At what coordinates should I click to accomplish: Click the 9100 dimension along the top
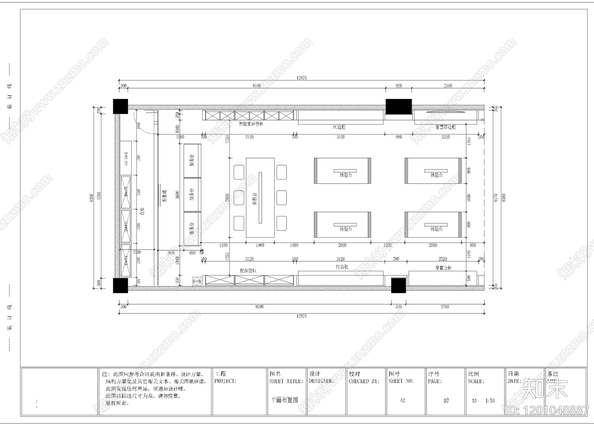pyautogui.click(x=257, y=86)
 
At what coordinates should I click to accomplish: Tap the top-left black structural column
pyautogui.click(x=120, y=106)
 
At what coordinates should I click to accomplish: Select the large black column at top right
pyautogui.click(x=399, y=106)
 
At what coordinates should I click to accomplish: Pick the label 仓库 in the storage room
pyautogui.click(x=141, y=211)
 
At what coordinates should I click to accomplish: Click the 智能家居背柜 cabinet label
pyautogui.click(x=251, y=124)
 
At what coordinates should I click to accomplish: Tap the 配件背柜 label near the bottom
pyautogui.click(x=248, y=271)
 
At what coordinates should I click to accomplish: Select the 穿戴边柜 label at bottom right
pyautogui.click(x=443, y=268)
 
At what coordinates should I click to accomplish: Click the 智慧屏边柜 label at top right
pyautogui.click(x=445, y=127)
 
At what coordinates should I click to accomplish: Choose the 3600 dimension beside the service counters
pyautogui.click(x=177, y=194)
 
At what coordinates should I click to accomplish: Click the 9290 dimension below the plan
pyautogui.click(x=259, y=307)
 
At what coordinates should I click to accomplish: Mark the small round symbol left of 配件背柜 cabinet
pyautogui.click(x=196, y=281)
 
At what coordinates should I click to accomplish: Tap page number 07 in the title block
pyautogui.click(x=446, y=401)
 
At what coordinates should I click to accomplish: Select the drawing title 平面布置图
pyautogui.click(x=285, y=400)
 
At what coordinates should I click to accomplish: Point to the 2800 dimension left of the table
pyautogui.click(x=227, y=198)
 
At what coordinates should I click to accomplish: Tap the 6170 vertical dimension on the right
pyautogui.click(x=495, y=197)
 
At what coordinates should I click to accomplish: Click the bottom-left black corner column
pyautogui.click(x=120, y=285)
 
